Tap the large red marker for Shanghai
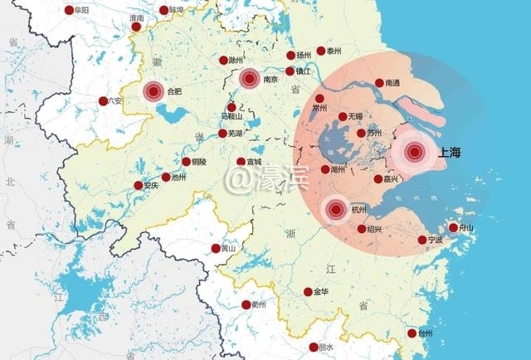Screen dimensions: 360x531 415,152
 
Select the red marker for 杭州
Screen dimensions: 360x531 335,210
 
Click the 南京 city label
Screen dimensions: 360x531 270,80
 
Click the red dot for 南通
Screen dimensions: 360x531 379,83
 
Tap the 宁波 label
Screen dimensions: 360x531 436,240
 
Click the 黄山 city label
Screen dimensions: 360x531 227,248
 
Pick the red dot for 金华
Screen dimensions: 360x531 308,292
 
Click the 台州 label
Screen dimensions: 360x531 425,333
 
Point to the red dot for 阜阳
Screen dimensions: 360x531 69,11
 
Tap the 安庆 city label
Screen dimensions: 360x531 150,186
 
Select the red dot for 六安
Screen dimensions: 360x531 103,101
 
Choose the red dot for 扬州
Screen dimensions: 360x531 290,56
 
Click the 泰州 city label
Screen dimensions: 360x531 334,51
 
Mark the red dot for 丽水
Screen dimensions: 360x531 313,347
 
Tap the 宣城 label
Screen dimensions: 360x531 253,162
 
